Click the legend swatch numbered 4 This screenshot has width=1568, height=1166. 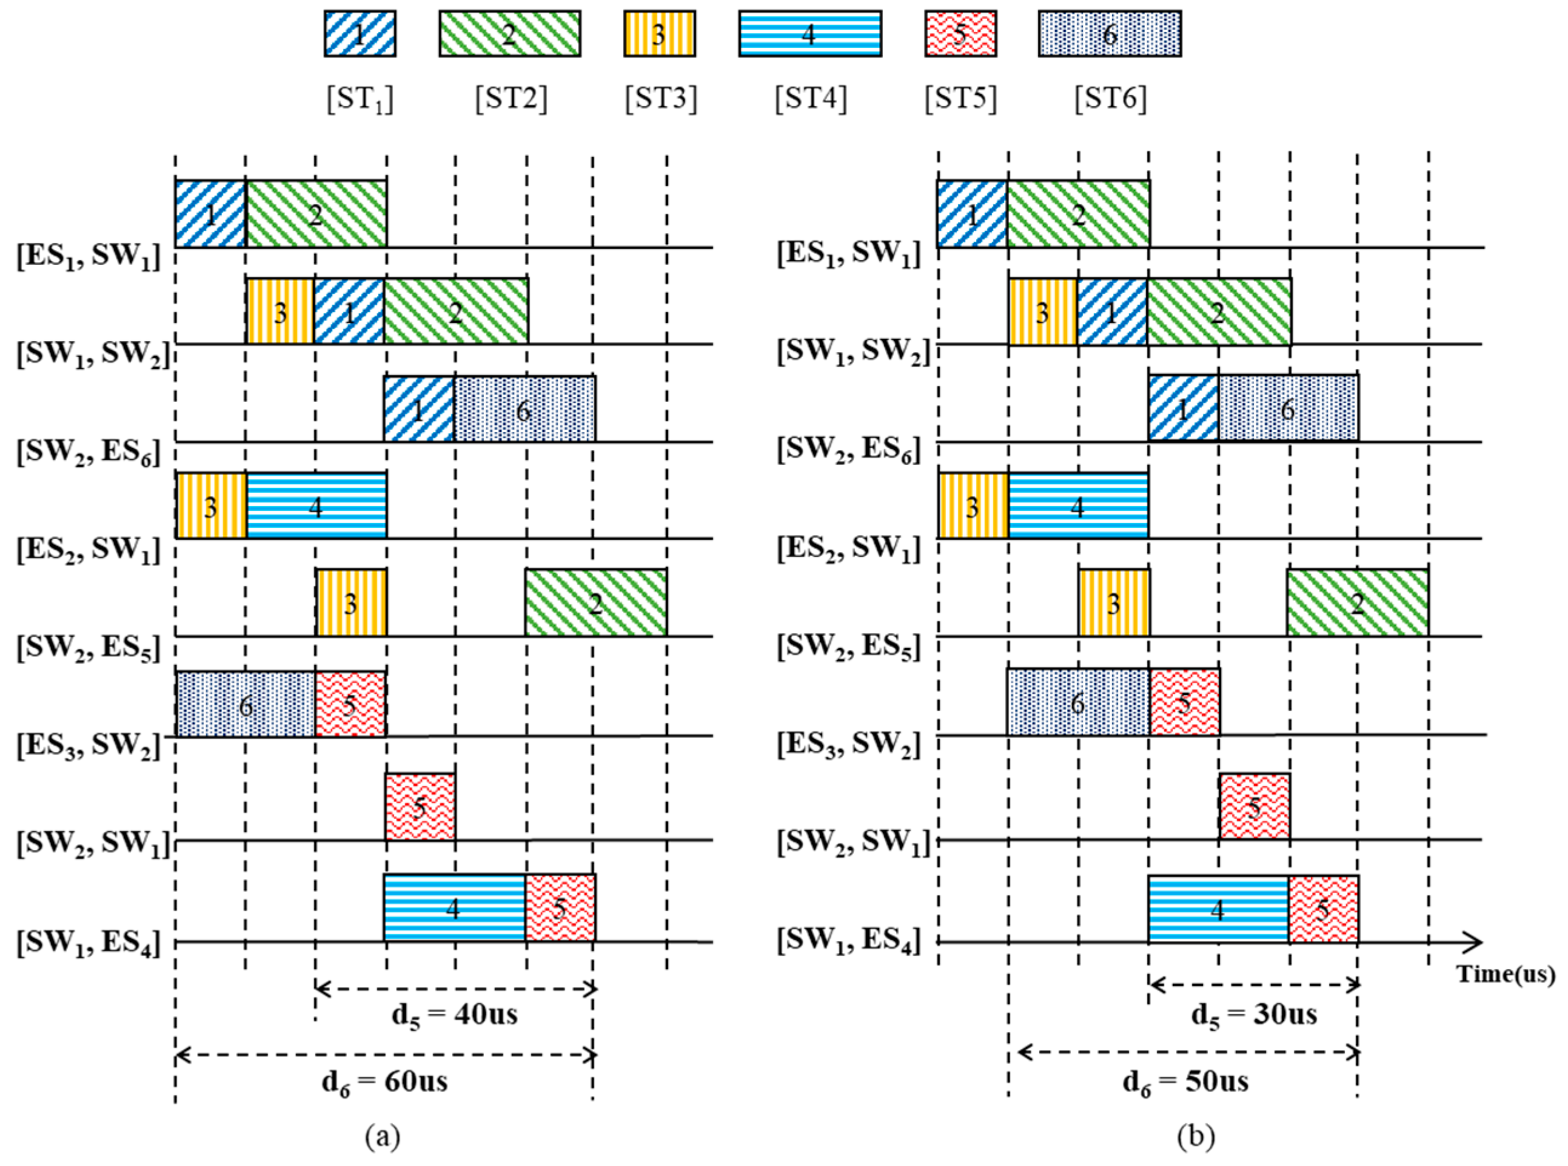click(x=809, y=33)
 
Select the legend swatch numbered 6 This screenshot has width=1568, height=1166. click(x=1109, y=33)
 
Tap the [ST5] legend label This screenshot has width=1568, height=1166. click(x=960, y=99)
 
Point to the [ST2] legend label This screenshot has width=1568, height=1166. click(x=511, y=99)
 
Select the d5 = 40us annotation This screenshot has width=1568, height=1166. click(x=454, y=1015)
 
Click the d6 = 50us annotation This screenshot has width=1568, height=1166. click(x=1185, y=1081)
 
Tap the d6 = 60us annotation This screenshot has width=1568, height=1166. click(x=385, y=1081)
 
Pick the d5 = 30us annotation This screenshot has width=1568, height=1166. click(x=1254, y=1015)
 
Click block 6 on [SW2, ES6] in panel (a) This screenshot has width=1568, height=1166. click(x=524, y=409)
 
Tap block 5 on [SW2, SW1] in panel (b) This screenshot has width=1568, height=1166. click(x=1254, y=806)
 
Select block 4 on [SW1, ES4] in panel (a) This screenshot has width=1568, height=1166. click(x=454, y=908)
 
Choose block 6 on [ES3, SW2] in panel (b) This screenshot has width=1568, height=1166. click(x=1077, y=702)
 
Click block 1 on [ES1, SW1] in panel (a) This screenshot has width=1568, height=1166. click(x=210, y=214)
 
